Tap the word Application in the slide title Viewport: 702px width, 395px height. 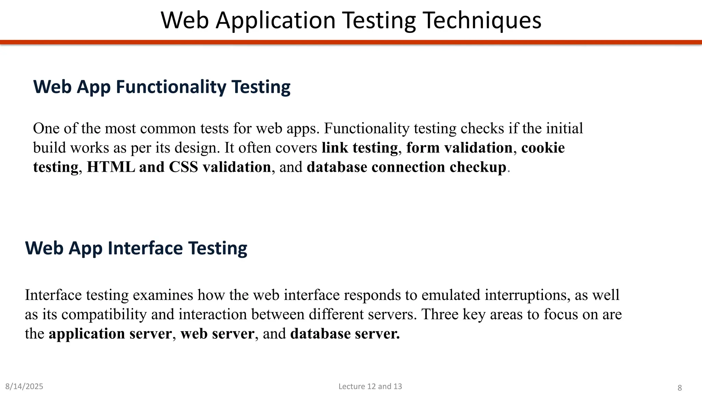click(276, 21)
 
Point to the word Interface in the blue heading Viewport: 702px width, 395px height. click(145, 248)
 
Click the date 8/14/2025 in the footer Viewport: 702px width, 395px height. click(24, 386)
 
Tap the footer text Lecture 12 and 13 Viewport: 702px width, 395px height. click(370, 386)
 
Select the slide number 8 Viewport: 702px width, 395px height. click(680, 388)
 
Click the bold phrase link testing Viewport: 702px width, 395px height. click(360, 148)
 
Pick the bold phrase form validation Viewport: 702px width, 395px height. click(459, 148)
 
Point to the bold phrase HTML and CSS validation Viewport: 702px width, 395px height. click(179, 167)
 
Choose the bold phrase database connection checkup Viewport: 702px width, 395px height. click(407, 167)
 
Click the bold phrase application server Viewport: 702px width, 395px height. click(110, 334)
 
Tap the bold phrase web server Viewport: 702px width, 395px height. click(217, 334)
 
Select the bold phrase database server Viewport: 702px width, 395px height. click(345, 334)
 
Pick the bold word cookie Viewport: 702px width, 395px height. click(543, 148)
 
